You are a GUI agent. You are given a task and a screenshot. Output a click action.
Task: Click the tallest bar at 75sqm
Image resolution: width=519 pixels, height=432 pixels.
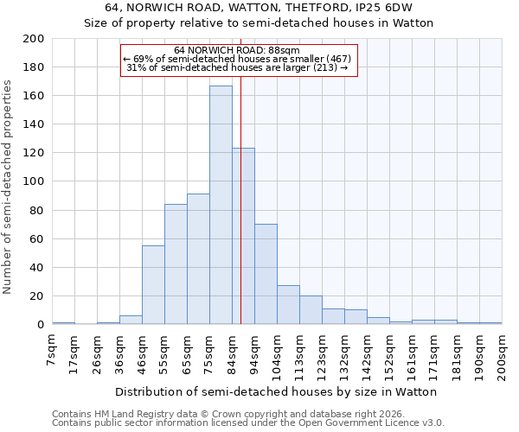[221, 206]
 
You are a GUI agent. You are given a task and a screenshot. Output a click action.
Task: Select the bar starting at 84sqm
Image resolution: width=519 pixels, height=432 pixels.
[243, 237]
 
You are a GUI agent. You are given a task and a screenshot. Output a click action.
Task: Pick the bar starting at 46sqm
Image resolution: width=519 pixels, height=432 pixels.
[153, 285]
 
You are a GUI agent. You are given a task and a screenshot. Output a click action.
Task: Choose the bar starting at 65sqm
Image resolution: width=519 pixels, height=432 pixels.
[198, 259]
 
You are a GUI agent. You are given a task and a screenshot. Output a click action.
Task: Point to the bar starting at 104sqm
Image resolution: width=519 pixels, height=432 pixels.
[288, 305]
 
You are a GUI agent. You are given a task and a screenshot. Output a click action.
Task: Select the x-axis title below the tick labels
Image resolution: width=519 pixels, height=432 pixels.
[276, 391]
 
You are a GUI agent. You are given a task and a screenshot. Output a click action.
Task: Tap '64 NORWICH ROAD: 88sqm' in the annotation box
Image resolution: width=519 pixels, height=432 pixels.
[236, 50]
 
